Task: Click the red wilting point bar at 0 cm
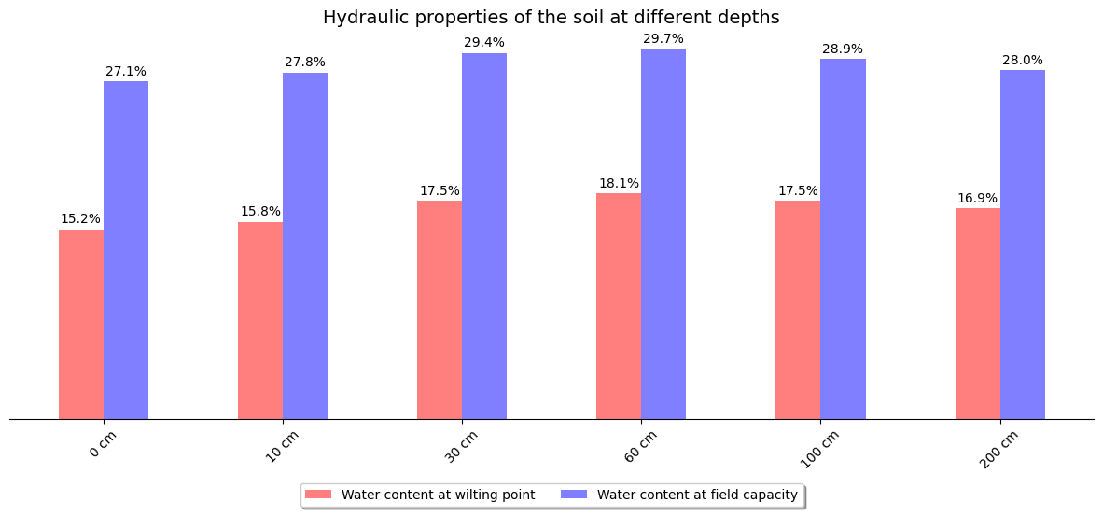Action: [x=81, y=324]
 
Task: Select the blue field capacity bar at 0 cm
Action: [x=126, y=250]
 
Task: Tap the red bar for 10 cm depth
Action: [x=260, y=320]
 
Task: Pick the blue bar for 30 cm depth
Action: [x=484, y=236]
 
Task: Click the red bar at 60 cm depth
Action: [x=619, y=306]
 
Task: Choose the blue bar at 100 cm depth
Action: [x=843, y=239]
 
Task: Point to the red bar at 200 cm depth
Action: [x=977, y=314]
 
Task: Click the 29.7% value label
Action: [x=663, y=39]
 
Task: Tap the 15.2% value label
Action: [x=81, y=219]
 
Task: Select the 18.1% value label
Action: [x=619, y=184]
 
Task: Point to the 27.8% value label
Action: [x=305, y=63]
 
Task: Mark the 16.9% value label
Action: [x=977, y=199]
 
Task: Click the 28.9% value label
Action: [x=843, y=49]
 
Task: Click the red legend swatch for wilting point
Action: [x=318, y=495]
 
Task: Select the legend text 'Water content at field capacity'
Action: [x=697, y=495]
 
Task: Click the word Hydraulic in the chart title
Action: [x=360, y=18]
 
